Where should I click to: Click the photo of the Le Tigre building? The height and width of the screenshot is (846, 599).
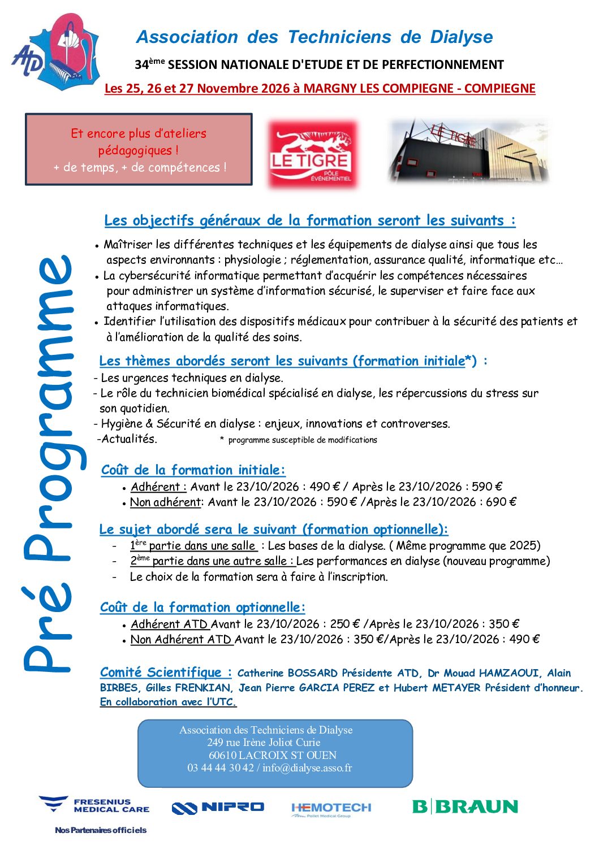click(468, 151)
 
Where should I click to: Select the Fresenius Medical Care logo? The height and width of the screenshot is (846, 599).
click(94, 805)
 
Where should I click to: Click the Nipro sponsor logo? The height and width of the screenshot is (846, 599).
click(218, 808)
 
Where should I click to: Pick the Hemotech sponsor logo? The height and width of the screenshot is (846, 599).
click(331, 809)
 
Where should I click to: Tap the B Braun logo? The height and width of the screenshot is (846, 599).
click(465, 806)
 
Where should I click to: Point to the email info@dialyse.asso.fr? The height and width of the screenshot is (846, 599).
click(307, 768)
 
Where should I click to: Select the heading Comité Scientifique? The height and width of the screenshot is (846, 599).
click(166, 673)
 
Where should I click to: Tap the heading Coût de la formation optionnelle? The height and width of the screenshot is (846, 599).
click(202, 608)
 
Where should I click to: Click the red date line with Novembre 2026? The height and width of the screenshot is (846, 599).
click(320, 89)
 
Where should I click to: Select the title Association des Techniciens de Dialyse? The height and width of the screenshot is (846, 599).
click(314, 37)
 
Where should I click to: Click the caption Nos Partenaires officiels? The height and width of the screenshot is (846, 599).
click(101, 830)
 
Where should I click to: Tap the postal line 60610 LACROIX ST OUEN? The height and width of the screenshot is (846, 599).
click(273, 756)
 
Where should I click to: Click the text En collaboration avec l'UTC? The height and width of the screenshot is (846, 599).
click(168, 702)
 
